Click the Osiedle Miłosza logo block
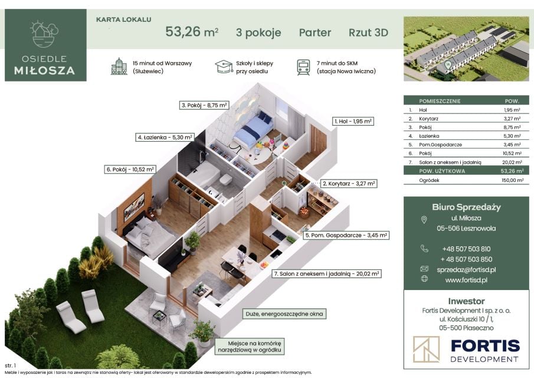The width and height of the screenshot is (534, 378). point(45,45)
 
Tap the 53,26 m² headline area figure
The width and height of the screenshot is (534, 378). point(192,32)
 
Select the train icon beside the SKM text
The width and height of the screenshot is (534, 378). point(303,67)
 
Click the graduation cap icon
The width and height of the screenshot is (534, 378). point(224,67)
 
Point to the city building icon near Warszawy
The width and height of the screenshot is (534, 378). point(119,66)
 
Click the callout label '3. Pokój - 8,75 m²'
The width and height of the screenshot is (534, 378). point(204,105)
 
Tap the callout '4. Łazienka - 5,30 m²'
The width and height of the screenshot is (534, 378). point(165,138)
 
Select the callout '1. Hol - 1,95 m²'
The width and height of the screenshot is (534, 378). point(353,121)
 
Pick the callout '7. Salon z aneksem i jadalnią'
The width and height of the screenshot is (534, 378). point(327,273)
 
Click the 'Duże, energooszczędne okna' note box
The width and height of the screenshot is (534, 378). point(284,314)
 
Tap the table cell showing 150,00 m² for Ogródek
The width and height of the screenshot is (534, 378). point(512,180)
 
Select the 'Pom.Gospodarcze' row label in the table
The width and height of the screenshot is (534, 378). point(440,145)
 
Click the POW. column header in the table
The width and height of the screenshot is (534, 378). point(512,101)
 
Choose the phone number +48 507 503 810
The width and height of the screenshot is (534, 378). point(466,249)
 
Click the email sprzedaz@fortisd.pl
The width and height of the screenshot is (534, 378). point(466,269)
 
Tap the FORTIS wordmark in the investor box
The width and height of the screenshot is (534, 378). point(485,346)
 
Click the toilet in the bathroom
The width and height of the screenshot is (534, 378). point(225,180)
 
